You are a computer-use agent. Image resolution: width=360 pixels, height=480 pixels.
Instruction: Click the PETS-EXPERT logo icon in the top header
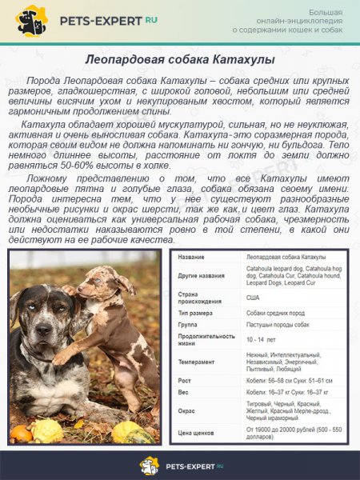point(32,20)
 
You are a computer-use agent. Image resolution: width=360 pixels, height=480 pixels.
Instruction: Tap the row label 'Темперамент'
point(198,363)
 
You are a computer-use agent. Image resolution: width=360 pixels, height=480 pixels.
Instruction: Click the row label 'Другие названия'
point(201,276)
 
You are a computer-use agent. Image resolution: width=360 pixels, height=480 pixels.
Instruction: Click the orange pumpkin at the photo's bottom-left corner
point(19,433)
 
